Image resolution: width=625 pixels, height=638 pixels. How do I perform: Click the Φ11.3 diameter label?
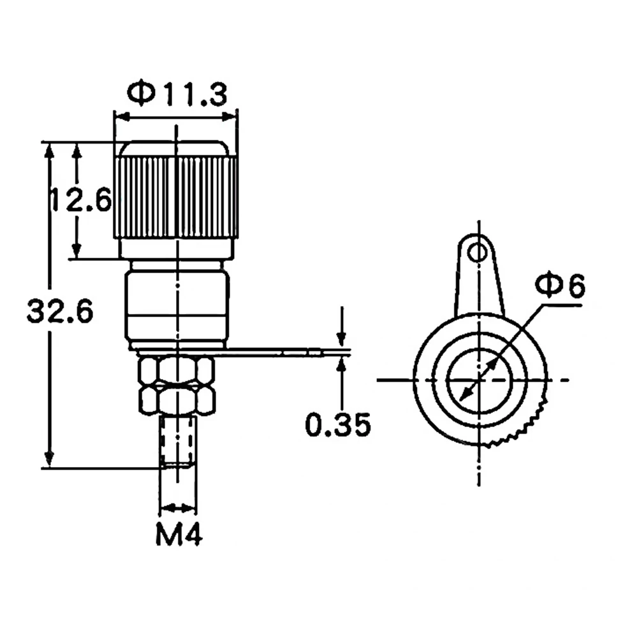click(x=177, y=94)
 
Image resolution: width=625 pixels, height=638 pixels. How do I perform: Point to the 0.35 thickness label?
click(x=337, y=426)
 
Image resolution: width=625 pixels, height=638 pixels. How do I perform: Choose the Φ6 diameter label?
click(x=560, y=286)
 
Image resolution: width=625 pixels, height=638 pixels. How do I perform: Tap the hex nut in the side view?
click(x=176, y=385)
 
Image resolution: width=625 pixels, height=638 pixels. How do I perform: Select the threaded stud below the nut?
click(x=178, y=441)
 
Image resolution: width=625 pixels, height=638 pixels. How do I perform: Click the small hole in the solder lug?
click(x=476, y=253)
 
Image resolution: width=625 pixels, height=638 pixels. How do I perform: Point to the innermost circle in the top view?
click(x=478, y=380)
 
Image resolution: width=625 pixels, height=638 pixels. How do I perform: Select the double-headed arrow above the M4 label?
click(x=177, y=508)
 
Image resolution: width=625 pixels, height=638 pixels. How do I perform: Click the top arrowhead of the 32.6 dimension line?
click(x=48, y=150)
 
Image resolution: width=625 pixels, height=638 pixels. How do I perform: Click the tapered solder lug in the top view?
click(x=478, y=281)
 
